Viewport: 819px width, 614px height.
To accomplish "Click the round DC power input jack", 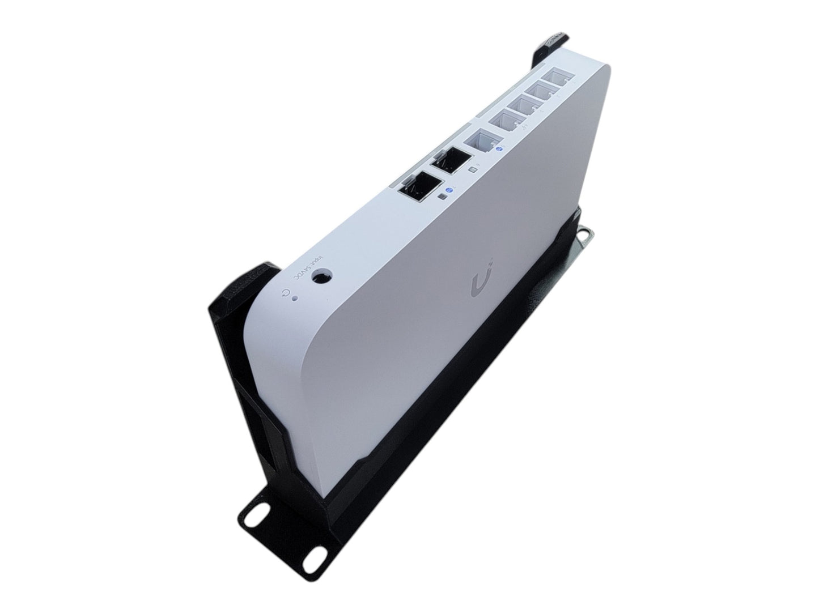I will pyautogui.click(x=322, y=278).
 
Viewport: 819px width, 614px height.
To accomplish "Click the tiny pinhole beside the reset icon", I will pyautogui.click(x=295, y=299).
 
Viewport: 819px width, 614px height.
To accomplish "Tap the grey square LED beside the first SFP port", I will pyautogui.click(x=441, y=197).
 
